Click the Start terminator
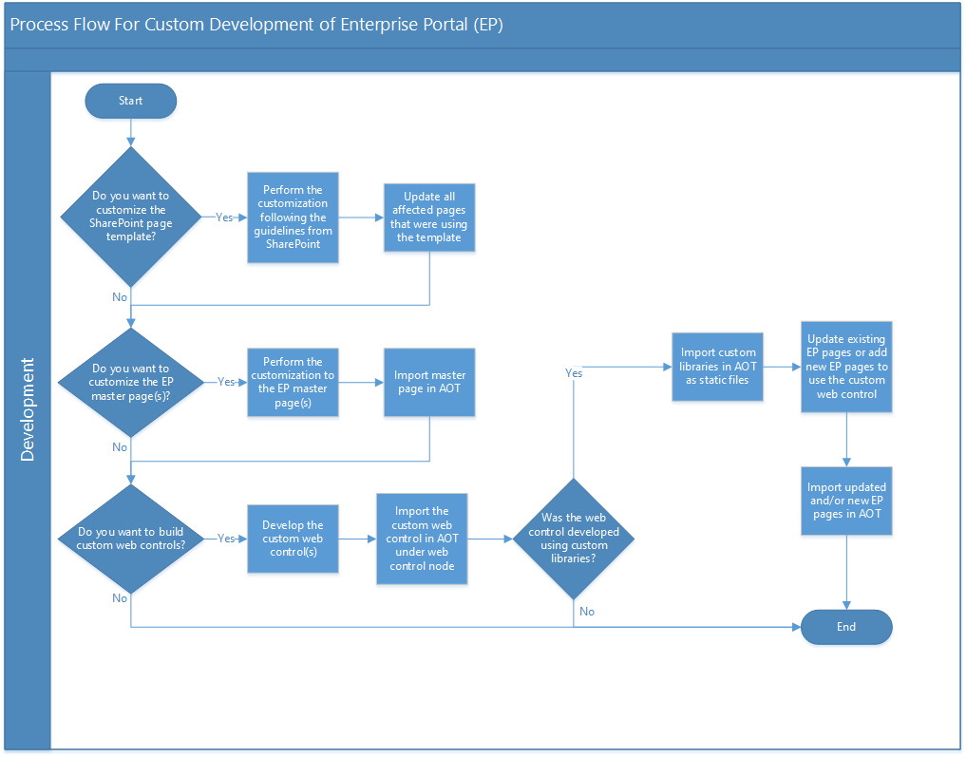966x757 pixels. pyautogui.click(x=130, y=101)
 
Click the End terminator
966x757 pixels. pyautogui.click(x=846, y=627)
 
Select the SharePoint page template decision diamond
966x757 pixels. pyautogui.click(x=130, y=217)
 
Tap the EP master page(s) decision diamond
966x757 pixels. pyautogui.click(x=130, y=382)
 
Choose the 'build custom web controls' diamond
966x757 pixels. pyautogui.click(x=130, y=539)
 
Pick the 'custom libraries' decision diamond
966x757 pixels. pyautogui.click(x=574, y=539)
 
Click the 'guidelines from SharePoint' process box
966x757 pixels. pyautogui.click(x=293, y=218)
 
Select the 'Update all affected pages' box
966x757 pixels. pyautogui.click(x=429, y=218)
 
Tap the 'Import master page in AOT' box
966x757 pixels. pyautogui.click(x=429, y=382)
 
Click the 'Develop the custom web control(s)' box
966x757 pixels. pyautogui.click(x=293, y=539)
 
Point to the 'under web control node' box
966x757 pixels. pyautogui.click(x=422, y=539)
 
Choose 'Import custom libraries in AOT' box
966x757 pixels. pyautogui.click(x=718, y=367)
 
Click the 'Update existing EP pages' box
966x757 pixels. pyautogui.click(x=846, y=367)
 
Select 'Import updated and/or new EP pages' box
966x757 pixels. pyautogui.click(x=846, y=501)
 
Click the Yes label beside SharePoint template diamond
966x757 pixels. pyautogui.click(x=224, y=218)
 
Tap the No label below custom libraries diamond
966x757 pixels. pyautogui.click(x=587, y=612)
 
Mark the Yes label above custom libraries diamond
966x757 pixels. pyautogui.click(x=574, y=373)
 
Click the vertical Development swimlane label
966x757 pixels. pyautogui.click(x=28, y=409)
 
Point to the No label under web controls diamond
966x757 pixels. pyautogui.click(x=120, y=598)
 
